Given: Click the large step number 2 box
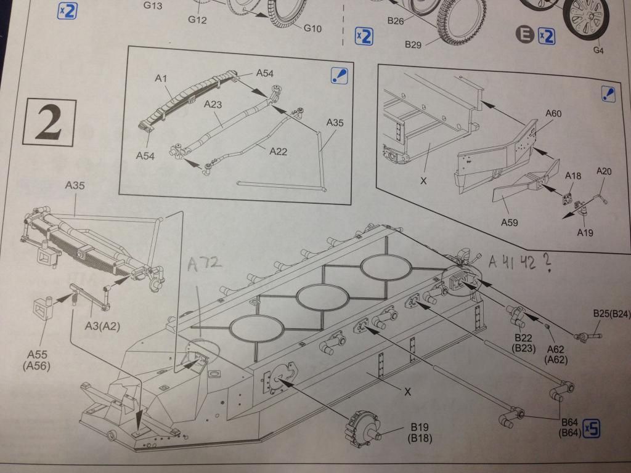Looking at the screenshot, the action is click(49, 122).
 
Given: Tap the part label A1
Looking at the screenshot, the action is click(161, 78).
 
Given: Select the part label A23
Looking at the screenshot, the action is click(213, 104).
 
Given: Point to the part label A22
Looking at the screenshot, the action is click(278, 152).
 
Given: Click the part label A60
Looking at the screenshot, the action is click(553, 113).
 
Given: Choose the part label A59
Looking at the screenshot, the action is click(509, 222).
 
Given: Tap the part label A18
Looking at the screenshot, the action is click(572, 176).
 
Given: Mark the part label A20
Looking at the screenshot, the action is click(604, 171).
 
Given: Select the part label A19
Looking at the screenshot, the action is click(585, 232).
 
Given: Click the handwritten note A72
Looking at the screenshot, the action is click(205, 264).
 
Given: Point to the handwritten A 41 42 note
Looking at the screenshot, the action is click(519, 262).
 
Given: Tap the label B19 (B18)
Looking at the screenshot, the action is click(419, 432).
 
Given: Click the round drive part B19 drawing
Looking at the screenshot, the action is click(362, 429).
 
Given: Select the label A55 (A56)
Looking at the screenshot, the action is click(36, 360).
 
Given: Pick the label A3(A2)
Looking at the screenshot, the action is click(102, 326).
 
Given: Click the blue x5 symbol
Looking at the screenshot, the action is click(591, 429).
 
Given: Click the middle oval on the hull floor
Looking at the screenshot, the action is click(322, 297).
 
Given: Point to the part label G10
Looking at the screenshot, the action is click(312, 28).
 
